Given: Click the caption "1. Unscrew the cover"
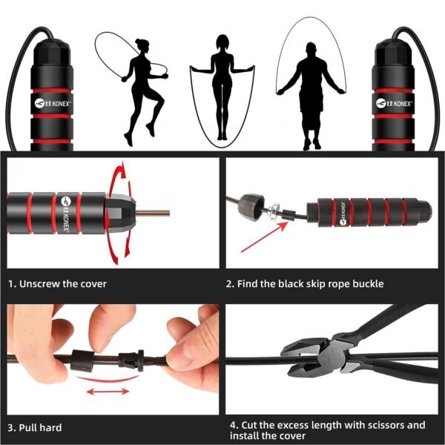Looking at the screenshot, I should tap(58, 283).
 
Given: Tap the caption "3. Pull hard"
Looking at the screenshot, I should tap(36, 427).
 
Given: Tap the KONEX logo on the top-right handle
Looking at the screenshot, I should tap(398, 103).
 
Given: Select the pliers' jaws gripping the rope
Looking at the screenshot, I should tap(300, 358).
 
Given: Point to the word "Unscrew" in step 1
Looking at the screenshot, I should tap(42, 283).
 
